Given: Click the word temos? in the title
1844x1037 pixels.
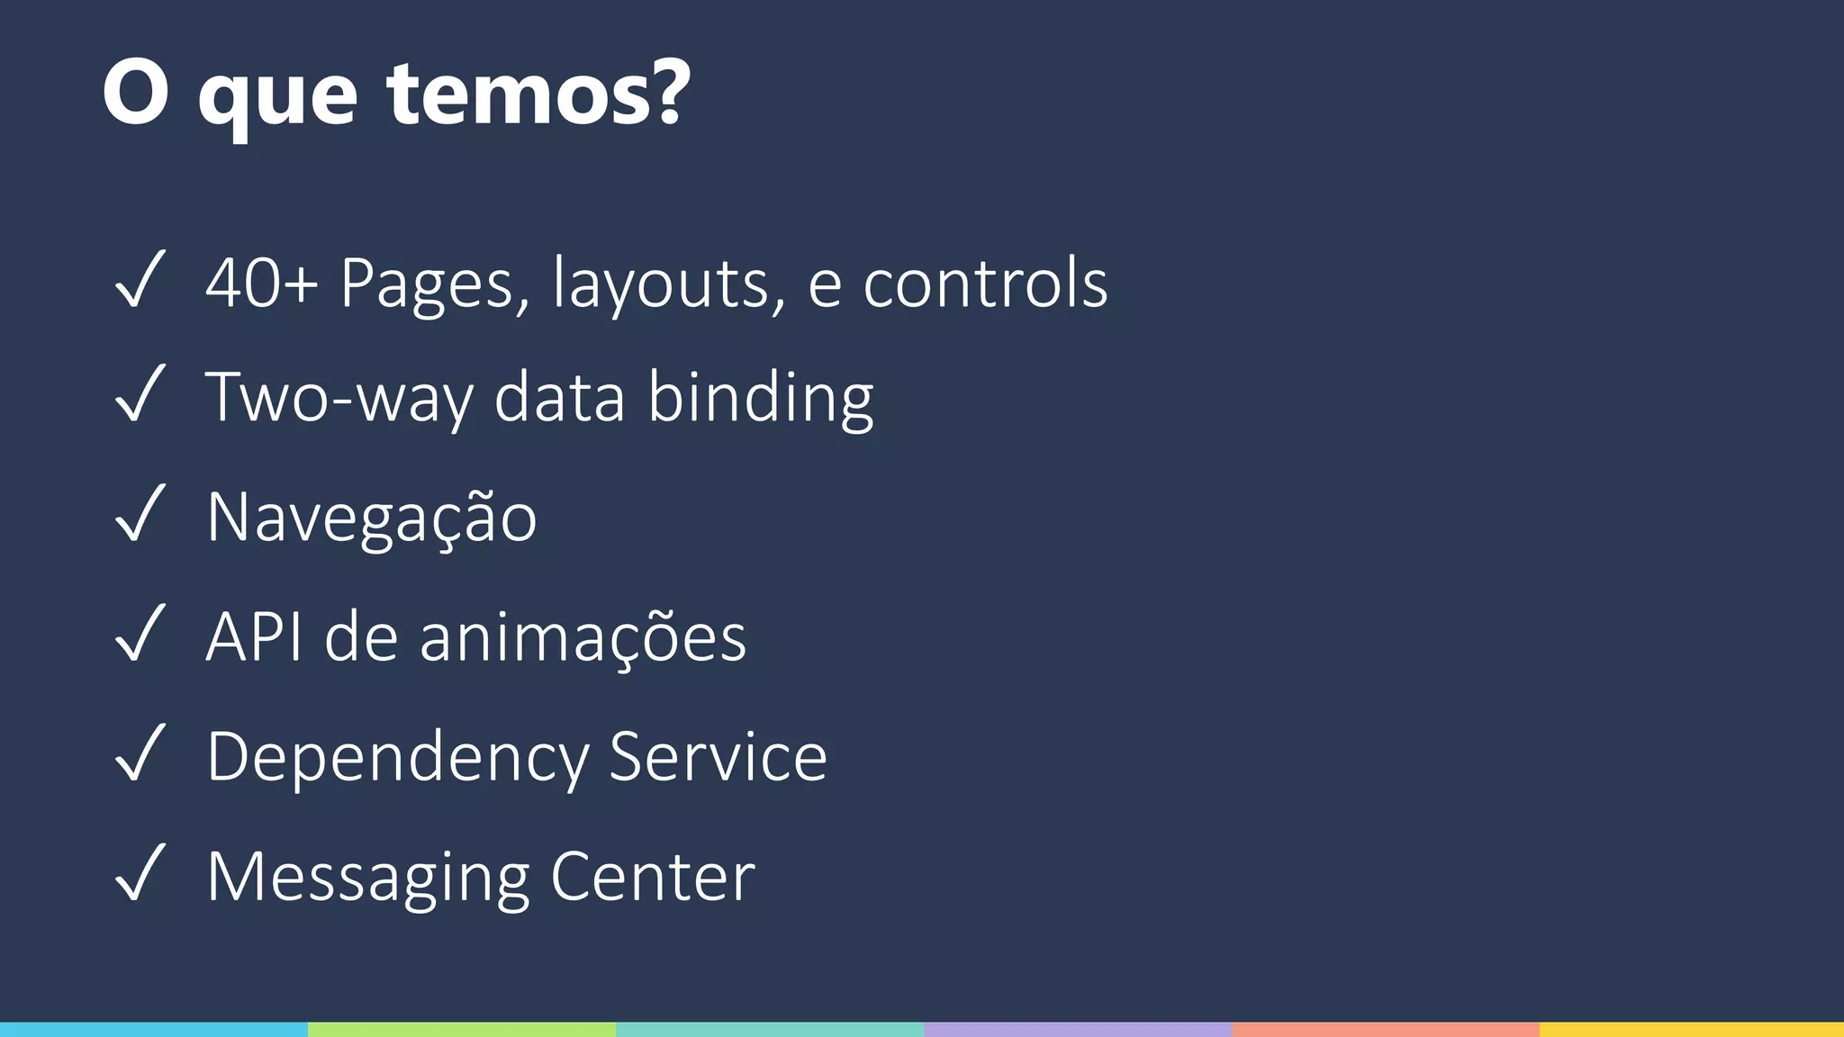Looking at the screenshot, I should coord(538,94).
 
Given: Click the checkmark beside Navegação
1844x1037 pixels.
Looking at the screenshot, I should coord(140,514).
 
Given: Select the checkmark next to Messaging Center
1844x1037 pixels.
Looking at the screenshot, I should coord(140,873).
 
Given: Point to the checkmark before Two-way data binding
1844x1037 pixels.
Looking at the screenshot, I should coord(140,394).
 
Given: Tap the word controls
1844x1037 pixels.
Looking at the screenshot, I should coord(985,284).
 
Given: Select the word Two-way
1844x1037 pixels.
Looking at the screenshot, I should coord(340,398).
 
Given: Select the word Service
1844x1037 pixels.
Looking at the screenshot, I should coord(718,757).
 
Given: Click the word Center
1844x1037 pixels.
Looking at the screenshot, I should coord(652,877).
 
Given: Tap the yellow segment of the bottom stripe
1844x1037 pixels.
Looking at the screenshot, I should coord(1691,1029).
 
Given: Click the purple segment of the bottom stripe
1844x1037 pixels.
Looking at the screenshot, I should coord(1077,1029).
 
